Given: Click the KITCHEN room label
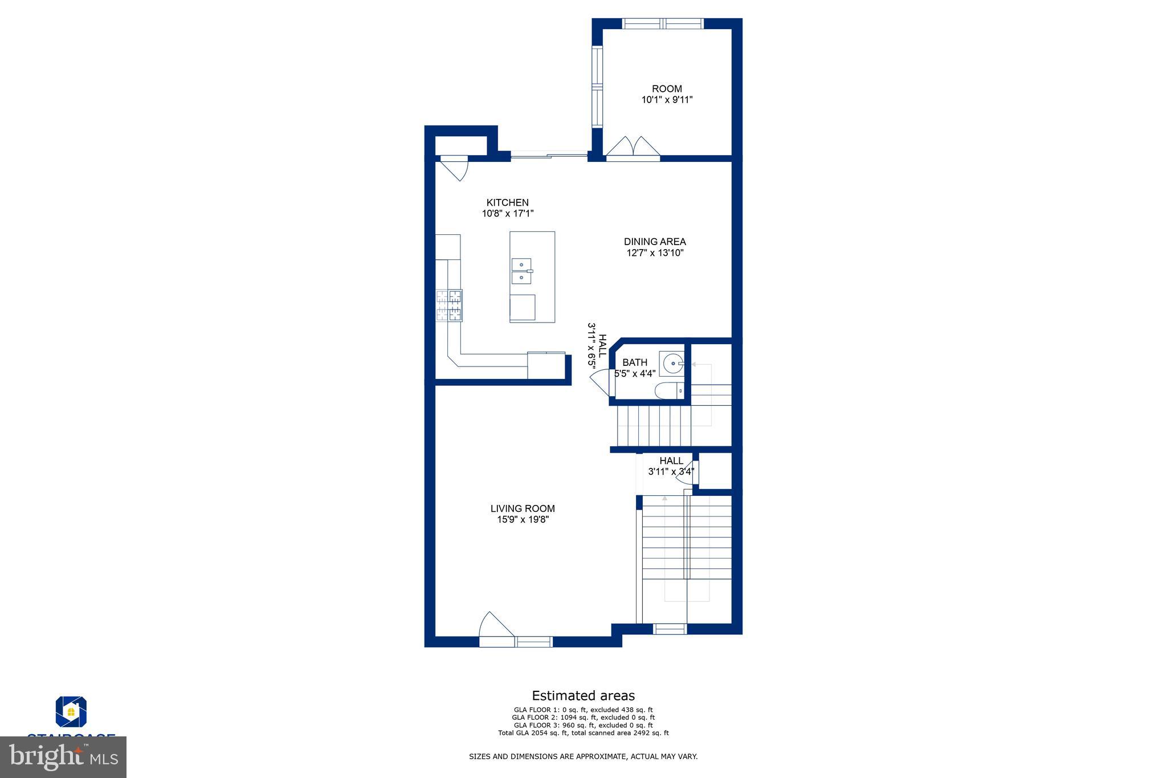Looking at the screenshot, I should [507, 202].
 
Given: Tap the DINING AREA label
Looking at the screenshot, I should [655, 242].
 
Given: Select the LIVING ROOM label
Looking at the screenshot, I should [523, 508].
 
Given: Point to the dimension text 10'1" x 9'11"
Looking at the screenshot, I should [667, 100].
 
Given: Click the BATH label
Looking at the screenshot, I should [634, 362].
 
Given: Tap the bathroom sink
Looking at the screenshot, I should [672, 362].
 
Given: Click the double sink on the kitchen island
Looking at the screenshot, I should [521, 271].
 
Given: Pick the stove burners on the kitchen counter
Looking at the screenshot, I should [449, 306].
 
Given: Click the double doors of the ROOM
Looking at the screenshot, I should [633, 147].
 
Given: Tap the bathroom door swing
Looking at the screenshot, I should [600, 382].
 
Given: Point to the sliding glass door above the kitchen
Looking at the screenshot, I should [549, 154].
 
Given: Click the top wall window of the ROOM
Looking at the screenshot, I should [663, 23].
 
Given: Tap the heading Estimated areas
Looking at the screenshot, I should [583, 695].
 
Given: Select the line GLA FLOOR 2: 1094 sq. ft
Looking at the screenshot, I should [583, 718].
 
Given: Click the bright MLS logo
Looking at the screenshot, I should [63, 757].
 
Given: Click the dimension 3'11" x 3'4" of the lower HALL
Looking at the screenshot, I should [671, 472].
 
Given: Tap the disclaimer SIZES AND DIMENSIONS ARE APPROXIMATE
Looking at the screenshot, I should [583, 757].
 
